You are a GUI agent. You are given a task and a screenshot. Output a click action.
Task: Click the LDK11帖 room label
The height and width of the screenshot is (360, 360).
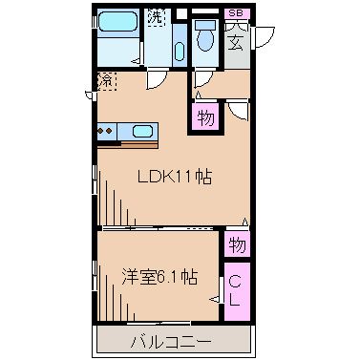pos(174,176)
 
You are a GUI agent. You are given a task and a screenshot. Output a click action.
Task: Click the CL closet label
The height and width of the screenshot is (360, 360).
pos(236,291)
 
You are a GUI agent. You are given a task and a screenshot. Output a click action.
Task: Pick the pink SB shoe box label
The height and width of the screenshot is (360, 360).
pos(236,12)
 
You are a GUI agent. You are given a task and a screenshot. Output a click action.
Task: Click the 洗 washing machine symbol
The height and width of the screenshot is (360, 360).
pos(155,16)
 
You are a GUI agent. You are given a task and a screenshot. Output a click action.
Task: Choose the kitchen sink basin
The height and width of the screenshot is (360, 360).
pos(142,131)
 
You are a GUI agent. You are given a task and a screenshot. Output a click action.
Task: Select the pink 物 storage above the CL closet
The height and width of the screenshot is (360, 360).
pos(237,244)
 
